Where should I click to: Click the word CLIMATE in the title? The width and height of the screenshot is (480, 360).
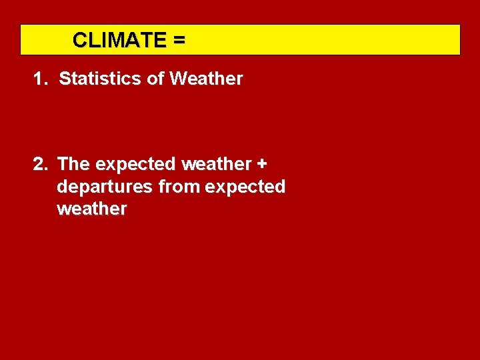click(119, 40)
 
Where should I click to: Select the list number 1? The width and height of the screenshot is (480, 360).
click(39, 79)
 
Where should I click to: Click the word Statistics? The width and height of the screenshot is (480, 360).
click(101, 79)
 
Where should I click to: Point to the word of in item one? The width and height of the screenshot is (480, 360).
click(155, 79)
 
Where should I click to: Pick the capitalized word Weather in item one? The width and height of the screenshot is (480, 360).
click(206, 79)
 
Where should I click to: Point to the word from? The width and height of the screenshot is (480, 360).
click(179, 187)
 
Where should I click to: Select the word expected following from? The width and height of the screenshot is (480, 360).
click(245, 187)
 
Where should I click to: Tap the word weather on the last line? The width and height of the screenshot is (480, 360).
click(91, 209)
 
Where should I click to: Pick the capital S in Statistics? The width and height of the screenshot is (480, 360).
click(65, 79)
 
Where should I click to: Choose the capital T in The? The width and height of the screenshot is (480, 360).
click(63, 164)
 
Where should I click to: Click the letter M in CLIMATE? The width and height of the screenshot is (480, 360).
click(114, 40)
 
